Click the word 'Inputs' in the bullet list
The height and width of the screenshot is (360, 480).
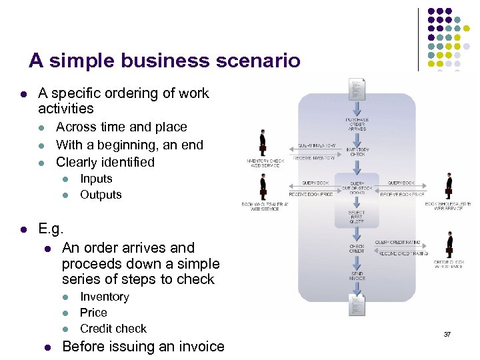click(96, 179)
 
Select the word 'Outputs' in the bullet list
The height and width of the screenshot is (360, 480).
click(101, 195)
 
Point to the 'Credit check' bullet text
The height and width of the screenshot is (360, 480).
click(113, 328)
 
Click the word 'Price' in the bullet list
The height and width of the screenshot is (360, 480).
click(93, 312)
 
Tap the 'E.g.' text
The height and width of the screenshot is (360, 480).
click(51, 229)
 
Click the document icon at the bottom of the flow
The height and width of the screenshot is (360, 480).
click(357, 304)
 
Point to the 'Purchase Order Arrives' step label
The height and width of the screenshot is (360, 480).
click(357, 124)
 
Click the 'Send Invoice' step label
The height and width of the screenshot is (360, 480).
click(357, 277)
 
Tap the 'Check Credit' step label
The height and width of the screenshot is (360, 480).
click(357, 248)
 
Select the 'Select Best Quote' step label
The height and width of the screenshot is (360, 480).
click(357, 216)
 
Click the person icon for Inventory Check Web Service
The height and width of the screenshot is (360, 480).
click(263, 142)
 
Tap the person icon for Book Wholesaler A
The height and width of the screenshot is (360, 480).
click(265, 187)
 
